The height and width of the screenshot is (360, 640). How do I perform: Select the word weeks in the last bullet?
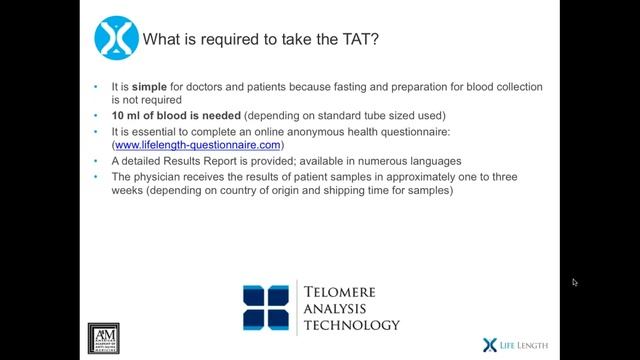click(133, 191)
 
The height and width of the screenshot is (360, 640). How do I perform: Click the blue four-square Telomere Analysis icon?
click(268, 308)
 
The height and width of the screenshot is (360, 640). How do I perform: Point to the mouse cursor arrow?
click(575, 282)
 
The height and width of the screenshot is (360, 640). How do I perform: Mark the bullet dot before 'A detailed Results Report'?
click(98, 161)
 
